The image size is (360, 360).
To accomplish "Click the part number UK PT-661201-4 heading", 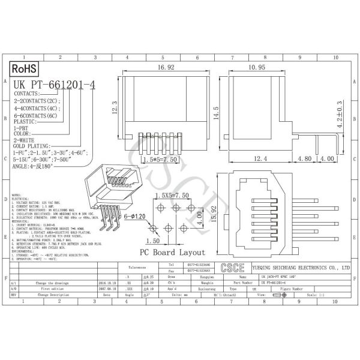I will [54, 85].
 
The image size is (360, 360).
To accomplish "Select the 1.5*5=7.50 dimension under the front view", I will [161, 161].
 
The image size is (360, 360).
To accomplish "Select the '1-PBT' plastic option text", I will [22, 128].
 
